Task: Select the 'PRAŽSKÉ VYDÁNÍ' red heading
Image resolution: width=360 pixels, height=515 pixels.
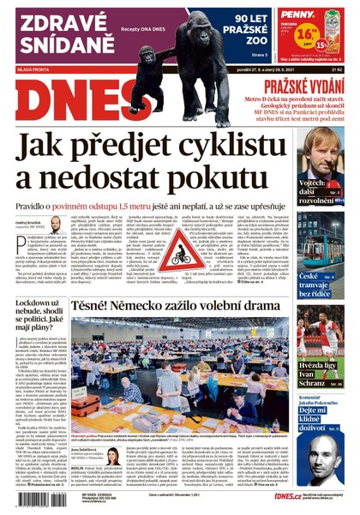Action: pyautogui.click(x=304, y=87)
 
